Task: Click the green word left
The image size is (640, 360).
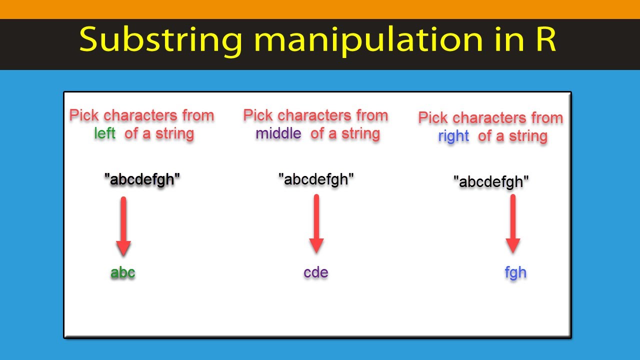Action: (104, 133)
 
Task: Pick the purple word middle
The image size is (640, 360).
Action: (278, 133)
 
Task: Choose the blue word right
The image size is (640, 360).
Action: (453, 136)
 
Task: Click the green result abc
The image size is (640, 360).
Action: (123, 272)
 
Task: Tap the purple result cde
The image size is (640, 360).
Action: (316, 272)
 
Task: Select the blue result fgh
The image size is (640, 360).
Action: (515, 272)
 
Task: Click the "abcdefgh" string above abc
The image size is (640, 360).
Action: (142, 179)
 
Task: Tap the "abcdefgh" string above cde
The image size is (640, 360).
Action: (316, 179)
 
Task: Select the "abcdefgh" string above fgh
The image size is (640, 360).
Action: (491, 181)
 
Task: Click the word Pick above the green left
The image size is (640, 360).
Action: (84, 115)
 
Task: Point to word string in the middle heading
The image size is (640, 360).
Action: (360, 133)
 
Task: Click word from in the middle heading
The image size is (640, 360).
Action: (372, 115)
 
